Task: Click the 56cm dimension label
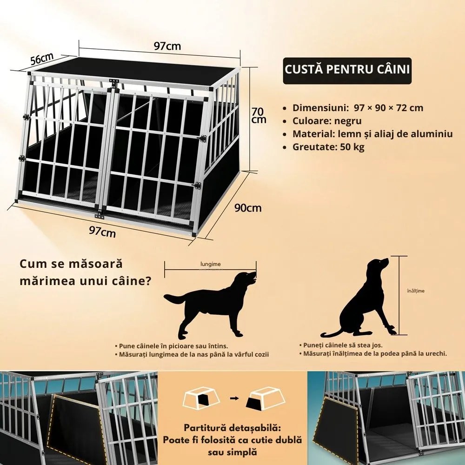[42, 59]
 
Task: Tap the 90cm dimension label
[248, 208]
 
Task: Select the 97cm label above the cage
[167, 46]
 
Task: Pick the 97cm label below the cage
[102, 231]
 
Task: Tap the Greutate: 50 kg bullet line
[324, 147]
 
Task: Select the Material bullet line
[368, 134]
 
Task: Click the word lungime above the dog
[211, 264]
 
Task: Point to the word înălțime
[416, 291]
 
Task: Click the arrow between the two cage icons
[234, 399]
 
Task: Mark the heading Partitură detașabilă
[232, 428]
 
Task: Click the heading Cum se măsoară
[71, 264]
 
